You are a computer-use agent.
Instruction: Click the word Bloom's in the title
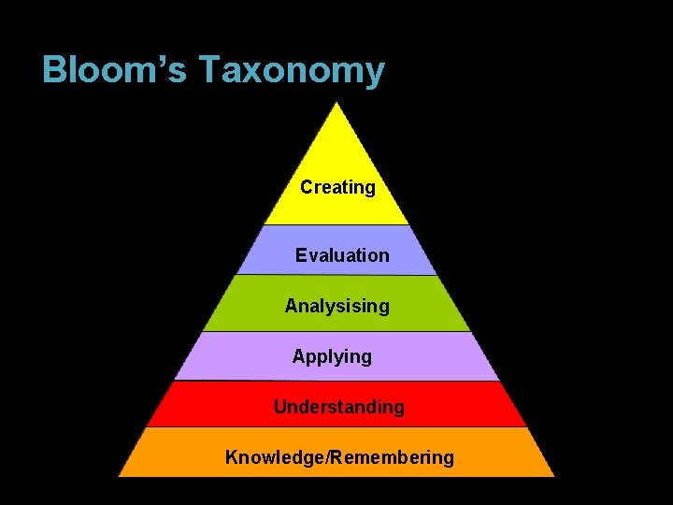pos(115,71)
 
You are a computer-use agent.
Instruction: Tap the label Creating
pos(337,187)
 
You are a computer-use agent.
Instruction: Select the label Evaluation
pos(342,255)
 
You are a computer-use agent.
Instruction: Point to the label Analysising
pos(336,306)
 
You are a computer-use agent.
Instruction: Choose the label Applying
pos(332,356)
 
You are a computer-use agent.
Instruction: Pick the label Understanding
pos(338,407)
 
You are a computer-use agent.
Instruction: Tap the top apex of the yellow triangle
pos(337,103)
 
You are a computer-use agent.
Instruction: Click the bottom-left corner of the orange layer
pos(120,475)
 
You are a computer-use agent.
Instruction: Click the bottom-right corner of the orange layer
pos(553,475)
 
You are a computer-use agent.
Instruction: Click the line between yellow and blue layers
pos(337,225)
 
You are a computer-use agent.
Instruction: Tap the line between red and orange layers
pos(337,427)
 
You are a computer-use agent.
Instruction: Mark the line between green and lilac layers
pos(337,332)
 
